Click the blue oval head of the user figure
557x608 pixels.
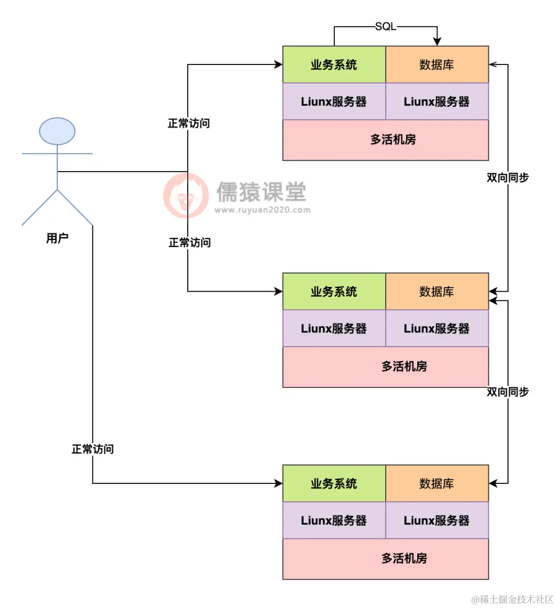tap(57, 131)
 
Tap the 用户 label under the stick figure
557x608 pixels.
tap(57, 238)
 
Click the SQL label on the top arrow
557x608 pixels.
tap(385, 26)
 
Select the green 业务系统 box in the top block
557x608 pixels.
tap(334, 64)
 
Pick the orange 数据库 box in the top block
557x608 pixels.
tap(437, 64)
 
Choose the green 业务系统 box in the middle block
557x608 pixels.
tap(334, 292)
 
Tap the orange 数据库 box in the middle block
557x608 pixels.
tap(437, 292)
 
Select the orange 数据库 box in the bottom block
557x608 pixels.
tap(437, 483)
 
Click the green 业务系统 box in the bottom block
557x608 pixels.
tap(334, 483)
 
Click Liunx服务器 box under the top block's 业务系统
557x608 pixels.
tap(334, 102)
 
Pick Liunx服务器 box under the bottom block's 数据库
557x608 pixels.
tap(437, 520)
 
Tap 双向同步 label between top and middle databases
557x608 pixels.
tap(507, 177)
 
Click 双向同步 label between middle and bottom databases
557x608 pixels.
tap(507, 392)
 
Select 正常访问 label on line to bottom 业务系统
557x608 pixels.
tap(93, 449)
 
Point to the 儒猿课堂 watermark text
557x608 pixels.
tap(261, 192)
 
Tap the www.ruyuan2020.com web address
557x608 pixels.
tap(263, 210)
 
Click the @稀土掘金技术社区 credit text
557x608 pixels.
tap(512, 599)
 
